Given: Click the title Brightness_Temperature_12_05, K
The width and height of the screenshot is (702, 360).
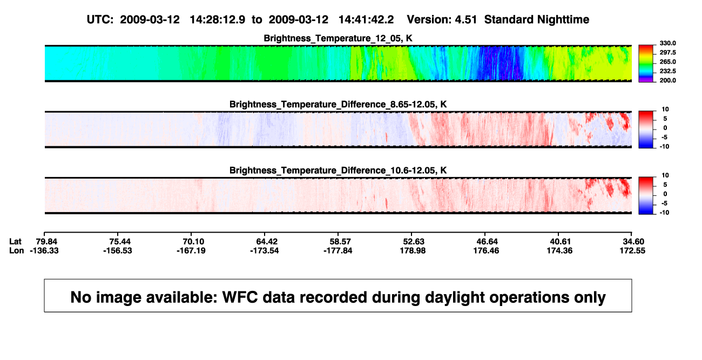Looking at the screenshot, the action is click(x=338, y=38).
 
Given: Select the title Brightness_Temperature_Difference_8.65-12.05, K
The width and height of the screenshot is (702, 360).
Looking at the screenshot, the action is click(x=338, y=104).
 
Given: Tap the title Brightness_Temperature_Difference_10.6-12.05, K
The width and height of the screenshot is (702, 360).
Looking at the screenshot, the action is click(x=338, y=171).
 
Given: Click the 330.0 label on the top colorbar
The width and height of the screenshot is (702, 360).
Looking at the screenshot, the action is click(x=667, y=43).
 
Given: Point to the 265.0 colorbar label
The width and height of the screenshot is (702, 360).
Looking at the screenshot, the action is click(x=667, y=62).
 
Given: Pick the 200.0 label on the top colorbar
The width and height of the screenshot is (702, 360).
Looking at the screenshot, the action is click(x=667, y=80).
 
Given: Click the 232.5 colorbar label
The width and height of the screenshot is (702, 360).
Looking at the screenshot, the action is click(x=667, y=71).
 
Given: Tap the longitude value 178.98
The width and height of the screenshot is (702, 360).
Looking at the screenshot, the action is click(x=413, y=250).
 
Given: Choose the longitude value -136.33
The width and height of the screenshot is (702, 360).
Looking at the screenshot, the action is click(x=44, y=250).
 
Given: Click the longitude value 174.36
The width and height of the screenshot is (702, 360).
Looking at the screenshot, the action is click(x=560, y=250).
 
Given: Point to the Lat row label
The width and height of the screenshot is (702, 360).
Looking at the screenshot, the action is click(x=15, y=242).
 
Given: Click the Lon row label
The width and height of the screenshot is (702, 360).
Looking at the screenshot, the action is click(x=16, y=250).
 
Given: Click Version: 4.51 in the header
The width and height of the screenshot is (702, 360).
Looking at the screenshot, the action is click(x=442, y=19).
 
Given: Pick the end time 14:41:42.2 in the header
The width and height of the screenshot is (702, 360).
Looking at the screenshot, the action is click(x=366, y=19).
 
